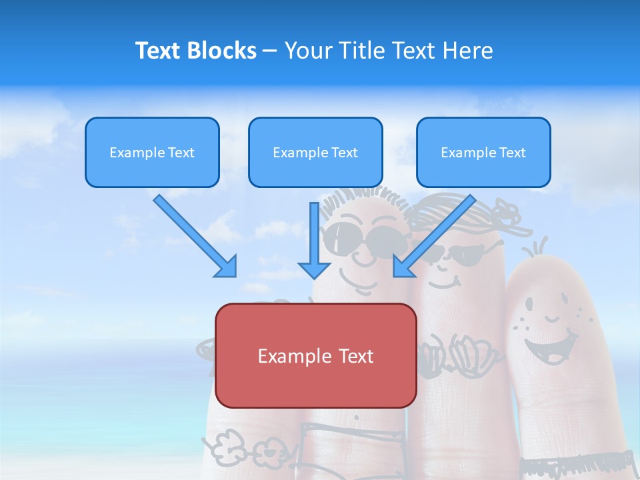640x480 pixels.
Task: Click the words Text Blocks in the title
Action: click(x=195, y=51)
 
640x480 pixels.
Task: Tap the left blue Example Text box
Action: click(x=152, y=153)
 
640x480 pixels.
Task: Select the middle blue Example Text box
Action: click(x=315, y=153)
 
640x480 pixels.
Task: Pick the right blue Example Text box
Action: click(x=483, y=153)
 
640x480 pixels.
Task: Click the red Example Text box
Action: click(x=315, y=355)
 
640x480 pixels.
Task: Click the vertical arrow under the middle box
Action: click(x=314, y=240)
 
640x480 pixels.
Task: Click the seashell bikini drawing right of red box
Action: click(x=460, y=349)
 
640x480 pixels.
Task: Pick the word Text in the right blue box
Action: click(x=512, y=153)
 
